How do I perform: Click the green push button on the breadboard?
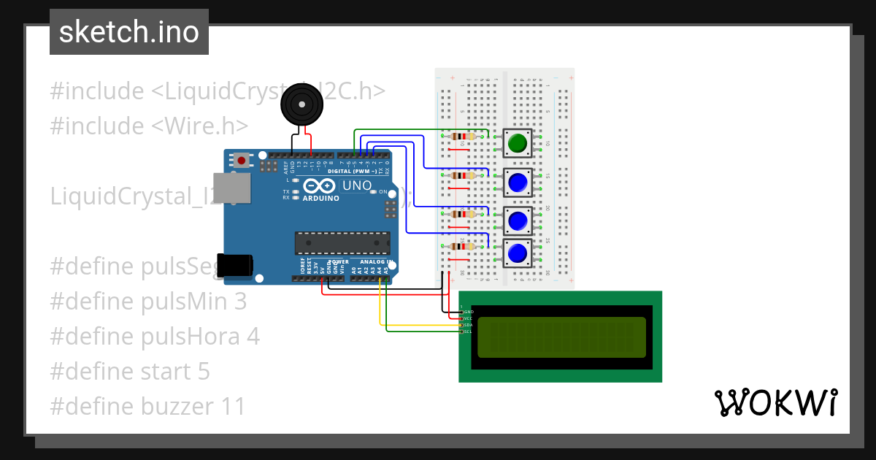coord(518,143)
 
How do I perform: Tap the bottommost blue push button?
coord(518,253)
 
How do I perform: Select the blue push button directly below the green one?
coord(518,182)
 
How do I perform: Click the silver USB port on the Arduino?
coord(231,188)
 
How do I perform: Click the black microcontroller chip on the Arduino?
coord(342,244)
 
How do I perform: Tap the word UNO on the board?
coord(357,185)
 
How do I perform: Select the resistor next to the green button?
coord(463,137)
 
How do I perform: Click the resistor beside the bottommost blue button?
coord(463,246)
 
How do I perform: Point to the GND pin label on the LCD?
coord(469,312)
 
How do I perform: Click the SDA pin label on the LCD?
coord(469,325)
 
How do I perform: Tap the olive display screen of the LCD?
coord(561,337)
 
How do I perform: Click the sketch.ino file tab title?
coord(129,32)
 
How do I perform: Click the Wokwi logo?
coord(775,402)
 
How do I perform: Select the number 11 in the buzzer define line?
coord(230,407)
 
